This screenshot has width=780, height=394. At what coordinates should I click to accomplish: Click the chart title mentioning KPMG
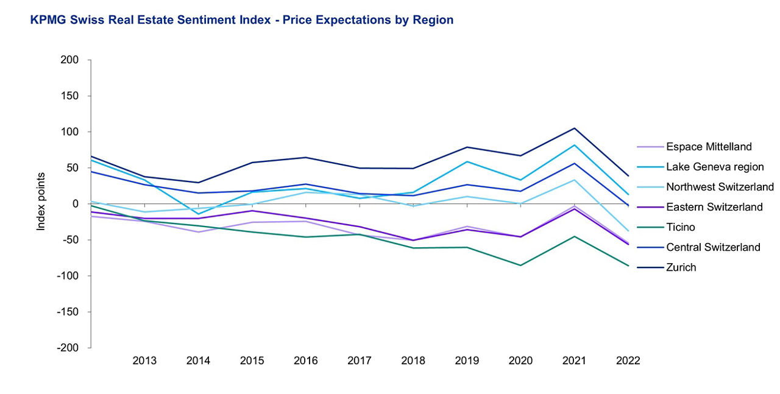[x=241, y=20]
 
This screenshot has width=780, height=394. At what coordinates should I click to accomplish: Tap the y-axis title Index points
[x=41, y=202]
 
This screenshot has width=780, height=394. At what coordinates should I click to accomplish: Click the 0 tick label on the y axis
[x=76, y=204]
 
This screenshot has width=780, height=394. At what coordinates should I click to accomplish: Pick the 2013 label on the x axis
[x=144, y=361]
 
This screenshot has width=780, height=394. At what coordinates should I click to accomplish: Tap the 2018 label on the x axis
[x=413, y=361]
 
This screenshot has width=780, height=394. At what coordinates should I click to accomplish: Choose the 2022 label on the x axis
[x=628, y=361]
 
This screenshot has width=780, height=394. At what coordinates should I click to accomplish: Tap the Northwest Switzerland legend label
[x=720, y=187]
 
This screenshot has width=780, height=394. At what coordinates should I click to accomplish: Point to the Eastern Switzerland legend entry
[x=714, y=207]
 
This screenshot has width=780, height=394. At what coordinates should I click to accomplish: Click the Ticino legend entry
[x=681, y=227]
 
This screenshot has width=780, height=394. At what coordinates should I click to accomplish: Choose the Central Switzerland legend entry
[x=713, y=247]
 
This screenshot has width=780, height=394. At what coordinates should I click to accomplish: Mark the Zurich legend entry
[x=681, y=267]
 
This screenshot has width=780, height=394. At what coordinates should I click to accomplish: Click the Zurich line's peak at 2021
[x=574, y=128]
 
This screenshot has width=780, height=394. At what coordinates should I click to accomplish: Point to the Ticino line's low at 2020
[x=520, y=266]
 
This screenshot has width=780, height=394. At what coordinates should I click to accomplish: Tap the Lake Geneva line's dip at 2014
[x=198, y=214]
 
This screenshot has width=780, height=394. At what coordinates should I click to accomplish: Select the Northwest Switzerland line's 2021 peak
[x=574, y=180]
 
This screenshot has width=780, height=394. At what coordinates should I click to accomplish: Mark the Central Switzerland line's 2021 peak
[x=574, y=163]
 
